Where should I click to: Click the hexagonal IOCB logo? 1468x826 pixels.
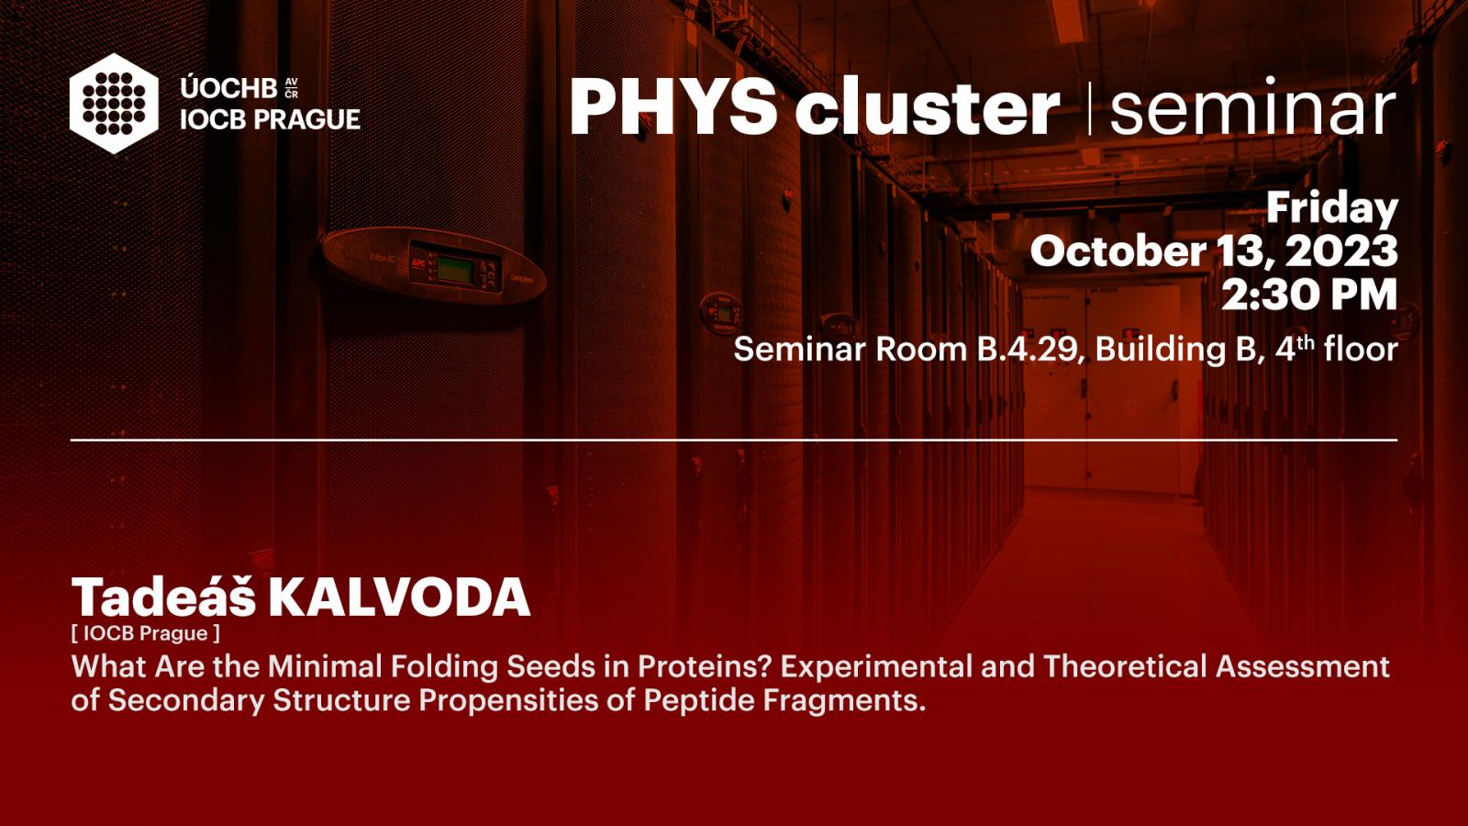click(114, 104)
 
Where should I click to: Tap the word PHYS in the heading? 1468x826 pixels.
click(673, 106)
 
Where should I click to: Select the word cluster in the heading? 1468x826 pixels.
click(928, 106)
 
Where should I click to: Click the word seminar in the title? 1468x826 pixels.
click(1252, 106)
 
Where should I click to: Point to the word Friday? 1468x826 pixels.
click(1332, 208)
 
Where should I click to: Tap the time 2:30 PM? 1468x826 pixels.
click(1309, 295)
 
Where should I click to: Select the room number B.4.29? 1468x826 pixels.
click(1027, 349)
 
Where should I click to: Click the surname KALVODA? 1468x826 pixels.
click(399, 597)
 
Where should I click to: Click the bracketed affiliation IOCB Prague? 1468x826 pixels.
click(146, 633)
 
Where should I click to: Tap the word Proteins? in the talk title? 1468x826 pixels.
click(706, 666)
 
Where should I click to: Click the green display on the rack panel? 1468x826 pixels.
click(455, 271)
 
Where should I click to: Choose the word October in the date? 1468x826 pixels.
click(1118, 251)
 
